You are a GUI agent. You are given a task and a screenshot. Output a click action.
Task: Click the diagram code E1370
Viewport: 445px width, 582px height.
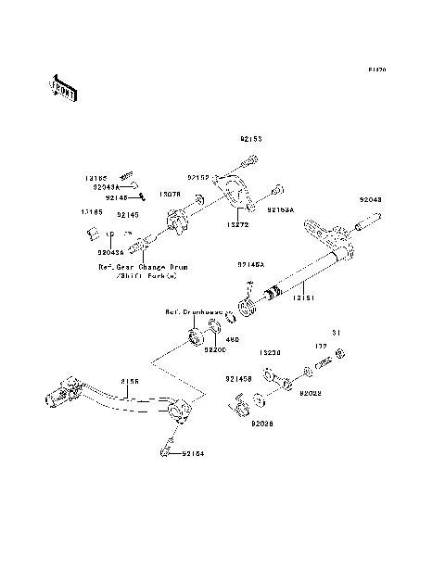point(376,70)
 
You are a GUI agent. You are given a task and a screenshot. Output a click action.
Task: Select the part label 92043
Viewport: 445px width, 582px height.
point(370,198)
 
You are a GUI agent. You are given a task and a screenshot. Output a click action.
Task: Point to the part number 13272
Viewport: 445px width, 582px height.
point(237,224)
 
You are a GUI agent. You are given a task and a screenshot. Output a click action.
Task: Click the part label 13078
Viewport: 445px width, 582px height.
point(169,195)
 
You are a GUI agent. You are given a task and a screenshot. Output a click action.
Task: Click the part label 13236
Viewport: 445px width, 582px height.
point(271,353)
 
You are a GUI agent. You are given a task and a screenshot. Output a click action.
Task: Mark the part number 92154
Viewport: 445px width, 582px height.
point(194,454)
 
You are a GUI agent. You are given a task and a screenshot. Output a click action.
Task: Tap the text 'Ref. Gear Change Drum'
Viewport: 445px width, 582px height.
point(143,266)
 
